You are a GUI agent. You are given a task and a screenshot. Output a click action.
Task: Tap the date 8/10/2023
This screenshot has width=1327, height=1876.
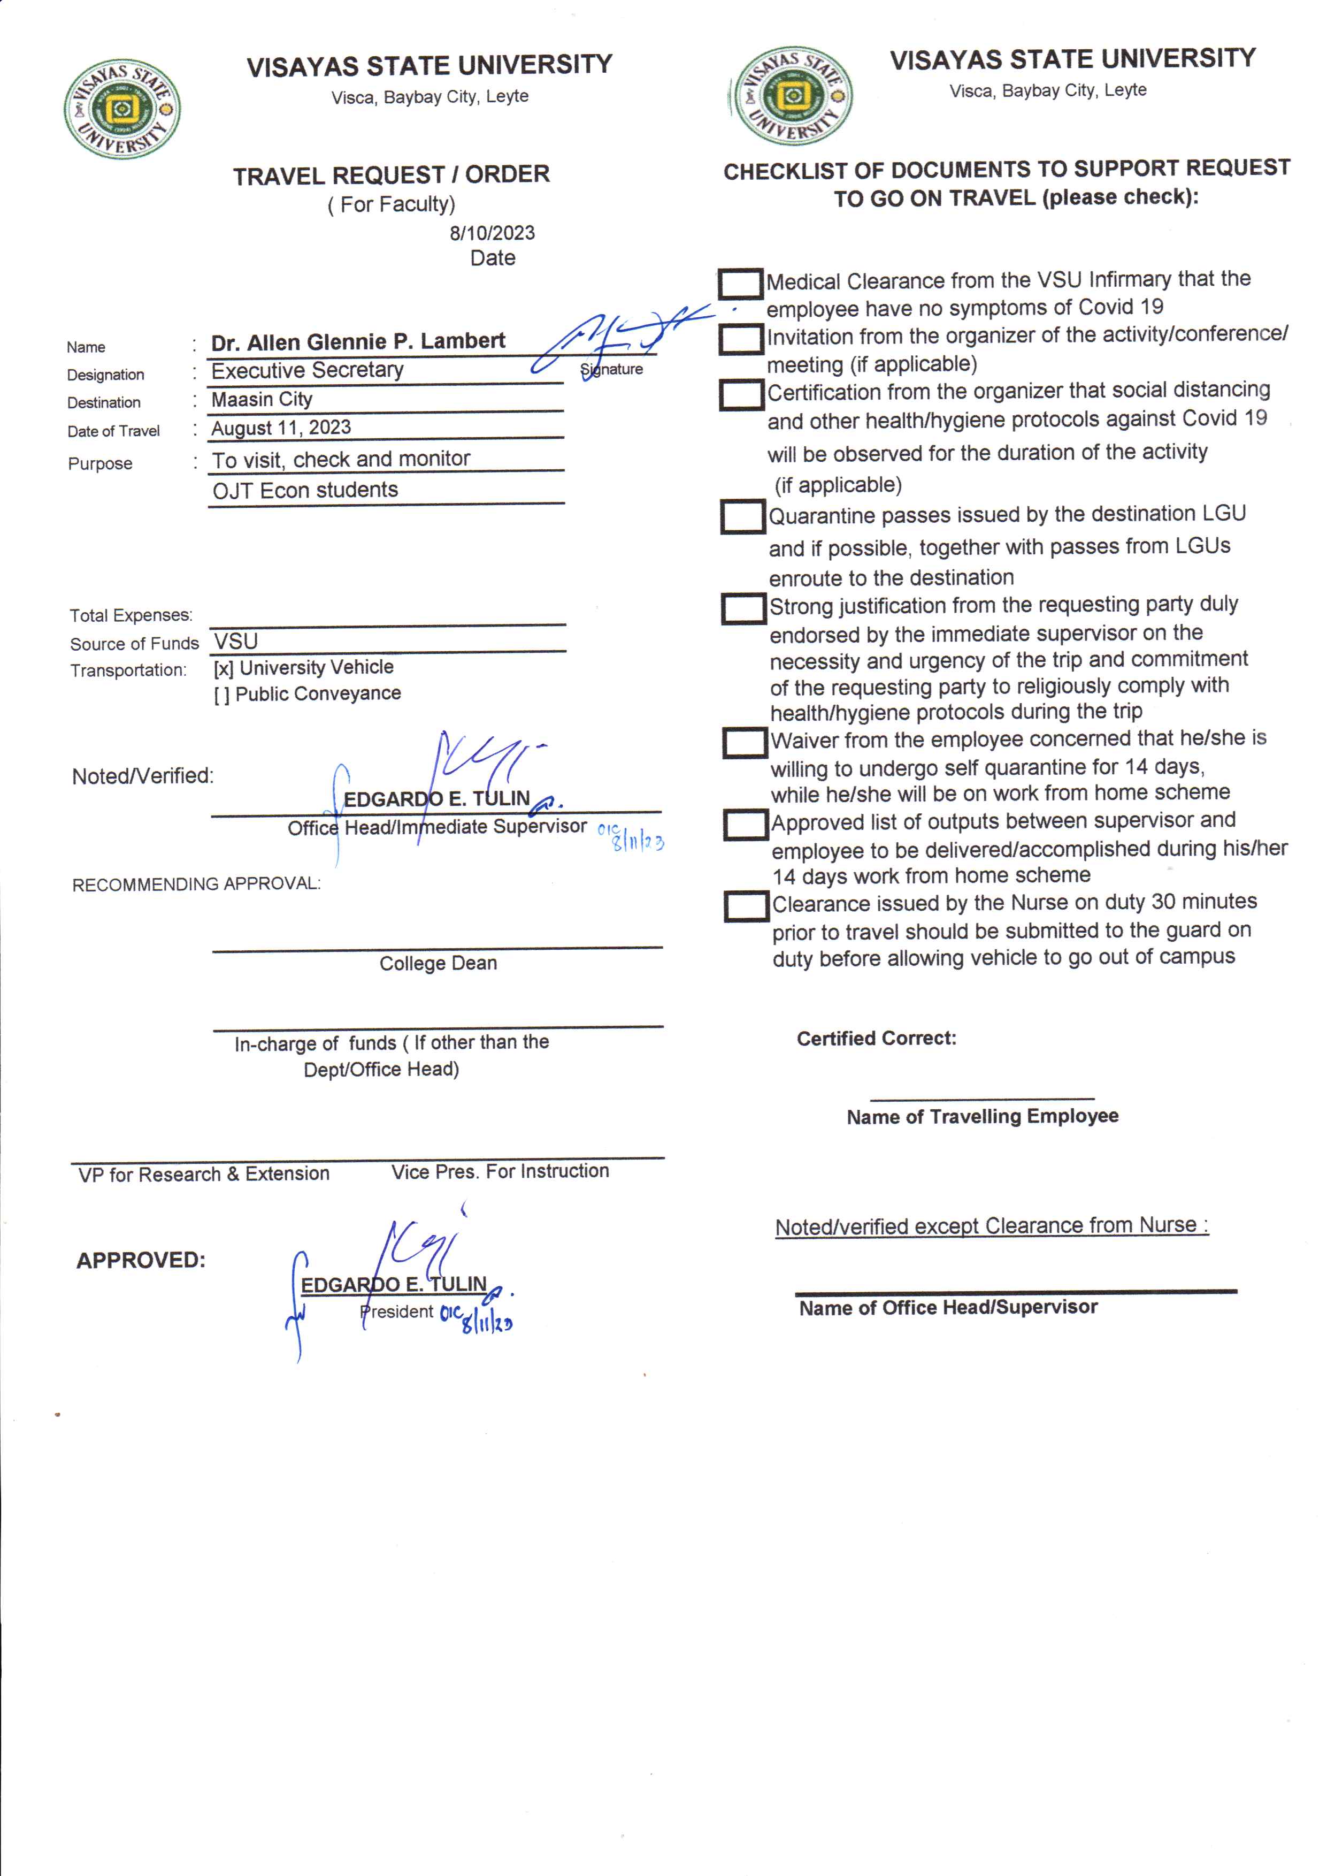point(492,233)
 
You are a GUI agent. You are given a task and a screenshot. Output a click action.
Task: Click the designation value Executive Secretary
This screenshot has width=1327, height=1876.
point(307,370)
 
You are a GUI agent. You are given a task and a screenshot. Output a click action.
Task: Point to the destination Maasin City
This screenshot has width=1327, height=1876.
point(262,399)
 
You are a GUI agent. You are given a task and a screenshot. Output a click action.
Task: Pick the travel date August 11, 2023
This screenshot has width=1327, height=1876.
point(281,428)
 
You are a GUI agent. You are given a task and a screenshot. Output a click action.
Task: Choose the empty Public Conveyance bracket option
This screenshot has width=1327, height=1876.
point(221,695)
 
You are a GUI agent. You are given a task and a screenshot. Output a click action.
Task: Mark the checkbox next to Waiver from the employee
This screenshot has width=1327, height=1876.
point(745,742)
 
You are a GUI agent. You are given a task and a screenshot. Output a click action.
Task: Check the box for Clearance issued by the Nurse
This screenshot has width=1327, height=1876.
point(746,906)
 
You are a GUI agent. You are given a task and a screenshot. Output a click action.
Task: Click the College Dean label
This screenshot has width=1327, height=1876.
point(438,963)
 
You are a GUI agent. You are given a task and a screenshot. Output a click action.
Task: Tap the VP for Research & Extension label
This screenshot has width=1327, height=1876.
point(203,1174)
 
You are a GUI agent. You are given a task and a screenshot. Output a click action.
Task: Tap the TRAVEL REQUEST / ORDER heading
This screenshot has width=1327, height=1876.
point(392,175)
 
